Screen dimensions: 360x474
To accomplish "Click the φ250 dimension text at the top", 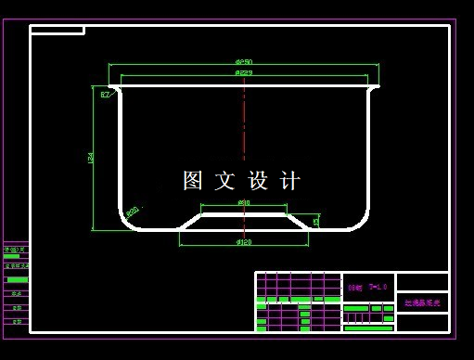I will tap(244, 62).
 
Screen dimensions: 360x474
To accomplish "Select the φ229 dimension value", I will tap(244, 72).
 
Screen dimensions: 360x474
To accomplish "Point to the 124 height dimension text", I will tap(90, 158).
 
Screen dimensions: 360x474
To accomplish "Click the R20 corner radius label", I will tap(132, 212).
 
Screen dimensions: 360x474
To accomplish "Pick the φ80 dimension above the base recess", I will tap(244, 201).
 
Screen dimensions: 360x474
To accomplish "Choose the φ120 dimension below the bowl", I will tap(244, 242).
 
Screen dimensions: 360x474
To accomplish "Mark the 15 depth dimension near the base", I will tap(316, 221).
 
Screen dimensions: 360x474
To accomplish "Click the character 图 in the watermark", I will tap(193, 181).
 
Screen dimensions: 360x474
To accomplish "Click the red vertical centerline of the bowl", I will tap(244, 121).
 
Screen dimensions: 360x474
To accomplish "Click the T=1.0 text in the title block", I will tap(377, 288).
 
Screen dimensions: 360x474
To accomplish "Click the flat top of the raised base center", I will tap(244, 213).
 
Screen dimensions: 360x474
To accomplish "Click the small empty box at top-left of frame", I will tap(57, 30).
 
